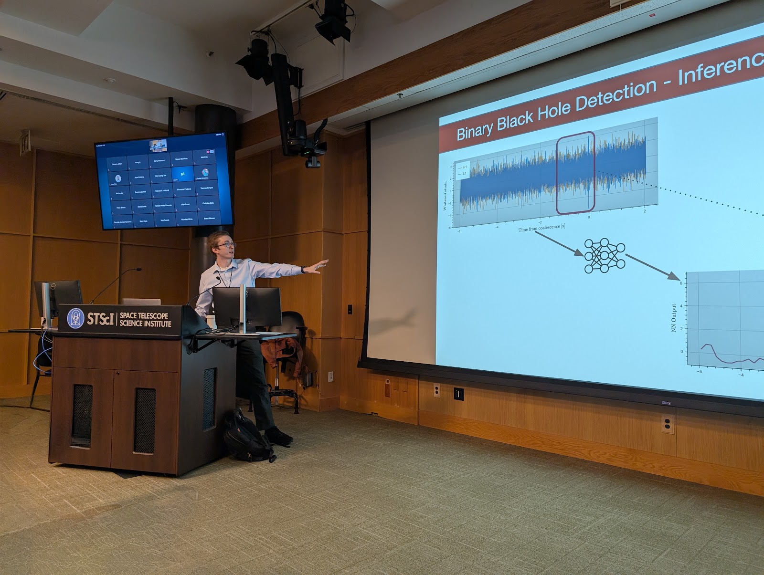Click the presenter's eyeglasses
pos(226,245)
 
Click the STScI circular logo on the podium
pos(75,318)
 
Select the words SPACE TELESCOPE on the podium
pos(144,315)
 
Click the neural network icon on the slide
pos(605,256)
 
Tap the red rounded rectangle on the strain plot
pos(575,172)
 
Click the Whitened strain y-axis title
pos(446,195)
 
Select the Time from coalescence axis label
pos(541,228)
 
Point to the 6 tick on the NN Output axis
pos(681,283)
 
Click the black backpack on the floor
pos(246,437)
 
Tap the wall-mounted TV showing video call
pos(163,182)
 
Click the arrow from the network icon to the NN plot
pos(652,267)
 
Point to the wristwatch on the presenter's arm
pos(303,270)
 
